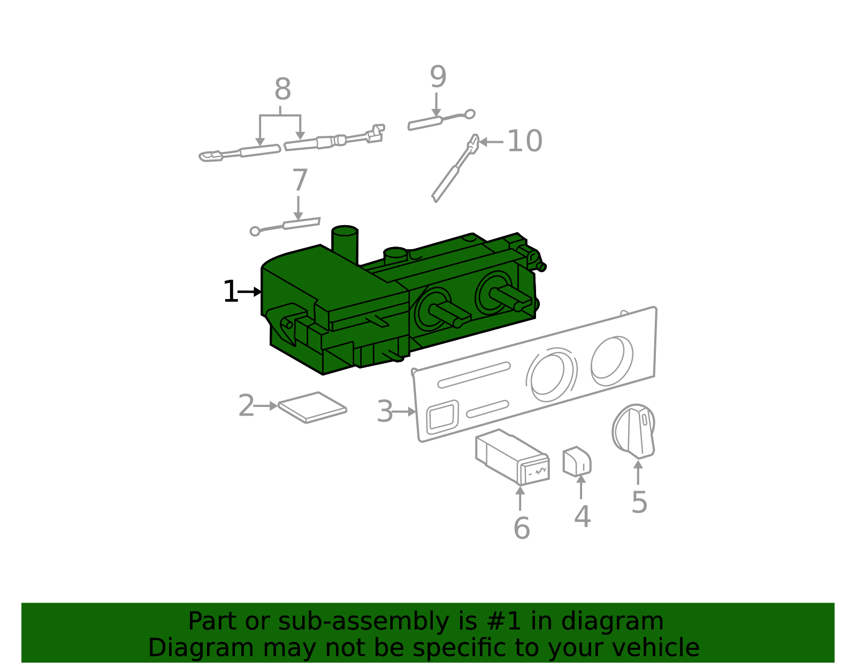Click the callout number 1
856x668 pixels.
click(230, 292)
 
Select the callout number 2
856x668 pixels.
click(246, 406)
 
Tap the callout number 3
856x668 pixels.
click(385, 412)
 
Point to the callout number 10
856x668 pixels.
click(524, 142)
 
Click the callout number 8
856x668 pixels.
click(282, 90)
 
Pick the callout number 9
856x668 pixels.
click(438, 78)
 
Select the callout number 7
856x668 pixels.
click(300, 181)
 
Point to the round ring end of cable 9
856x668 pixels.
click(470, 114)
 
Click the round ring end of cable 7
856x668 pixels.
click(255, 231)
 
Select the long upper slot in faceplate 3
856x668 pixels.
click(473, 374)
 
